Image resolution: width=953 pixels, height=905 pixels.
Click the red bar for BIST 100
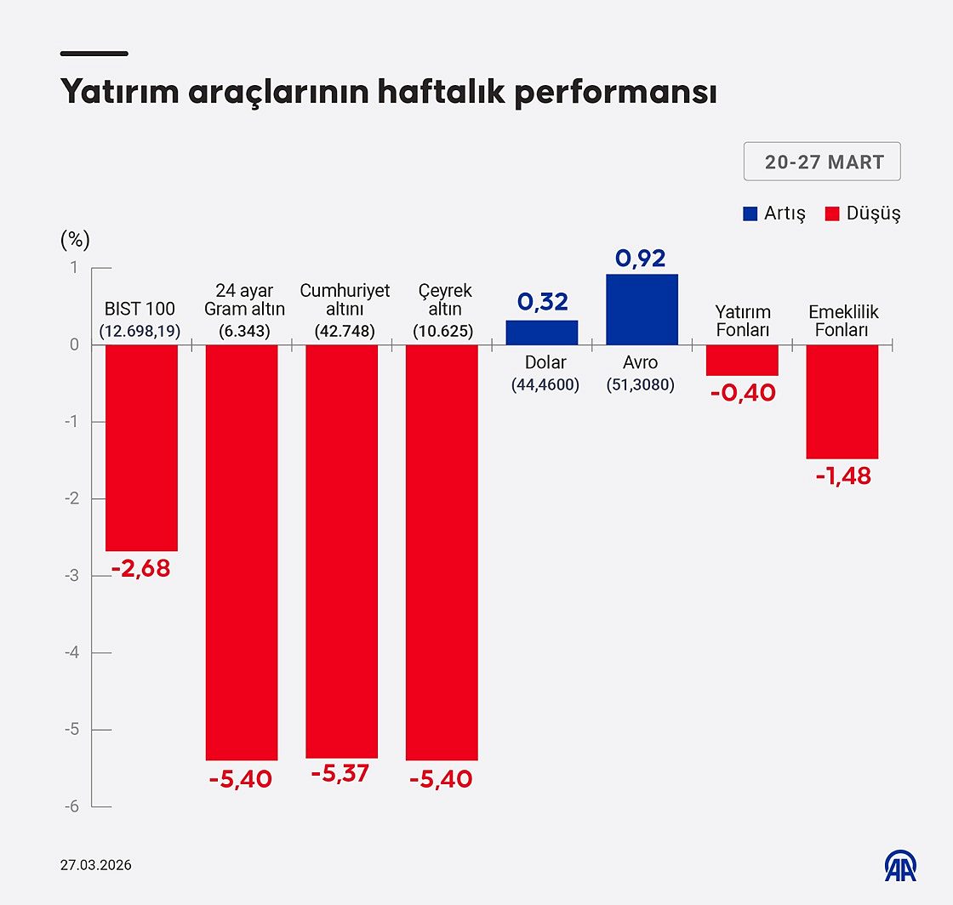tap(141, 447)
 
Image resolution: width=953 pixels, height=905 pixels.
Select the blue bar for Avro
tap(642, 310)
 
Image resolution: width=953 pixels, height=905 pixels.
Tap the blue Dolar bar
tap(542, 333)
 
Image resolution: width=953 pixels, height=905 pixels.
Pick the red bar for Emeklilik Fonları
tap(842, 401)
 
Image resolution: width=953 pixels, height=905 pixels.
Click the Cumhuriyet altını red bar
tap(341, 551)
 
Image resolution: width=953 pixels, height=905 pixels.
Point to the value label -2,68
tap(141, 568)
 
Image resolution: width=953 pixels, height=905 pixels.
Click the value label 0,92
tap(640, 259)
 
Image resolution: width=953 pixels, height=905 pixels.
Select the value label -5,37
tap(340, 775)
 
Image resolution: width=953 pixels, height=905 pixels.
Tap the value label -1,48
tap(842, 476)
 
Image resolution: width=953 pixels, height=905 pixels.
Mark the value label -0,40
tap(742, 393)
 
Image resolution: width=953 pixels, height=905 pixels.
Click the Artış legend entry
tap(773, 213)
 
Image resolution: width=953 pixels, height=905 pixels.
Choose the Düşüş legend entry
tap(863, 213)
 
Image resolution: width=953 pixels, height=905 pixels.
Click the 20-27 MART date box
tap(822, 162)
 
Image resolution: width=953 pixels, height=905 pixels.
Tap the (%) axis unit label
tap(75, 240)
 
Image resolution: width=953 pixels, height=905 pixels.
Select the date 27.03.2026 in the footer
tap(95, 865)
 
